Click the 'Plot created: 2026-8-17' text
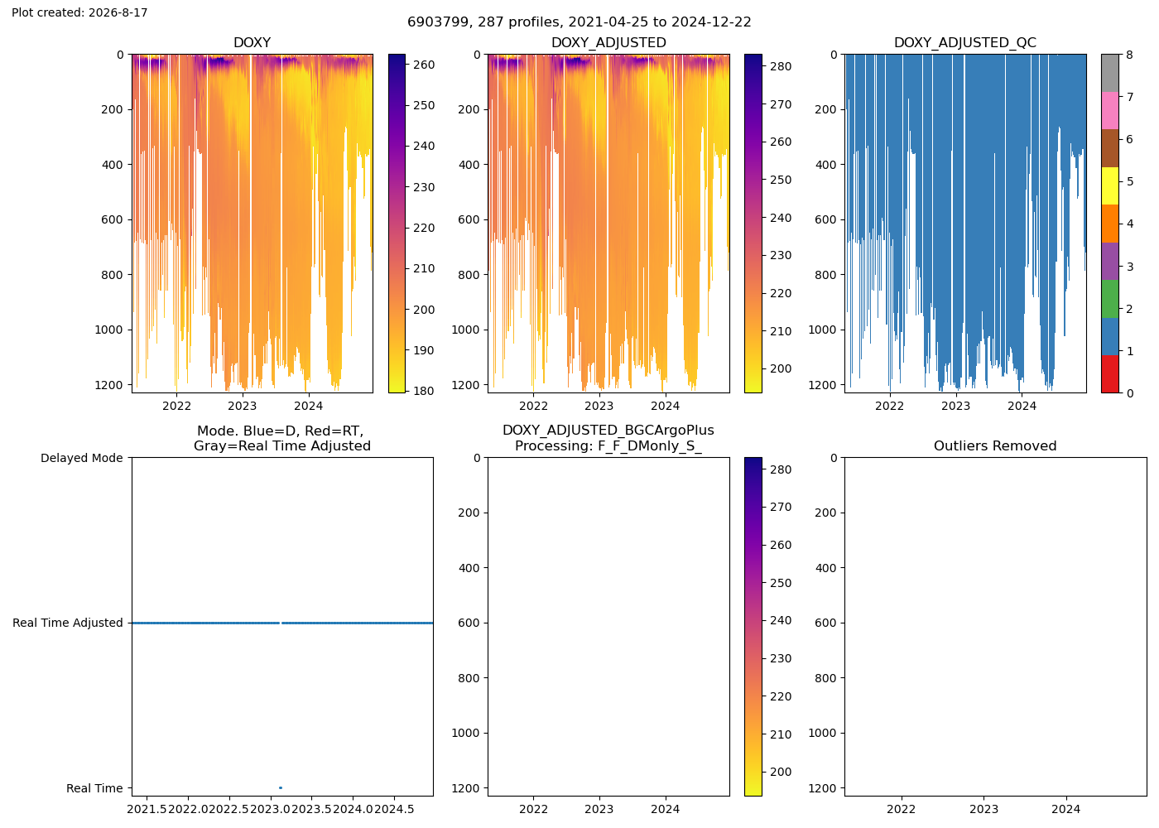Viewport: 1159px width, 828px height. [79, 12]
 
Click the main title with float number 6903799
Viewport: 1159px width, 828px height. [579, 22]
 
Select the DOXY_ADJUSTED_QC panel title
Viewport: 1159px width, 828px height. [965, 42]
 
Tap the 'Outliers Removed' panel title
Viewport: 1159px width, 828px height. [995, 445]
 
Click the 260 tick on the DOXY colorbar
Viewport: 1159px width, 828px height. [423, 65]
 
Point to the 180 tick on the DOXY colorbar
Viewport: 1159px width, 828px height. [423, 391]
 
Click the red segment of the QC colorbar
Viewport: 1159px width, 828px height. [1109, 373]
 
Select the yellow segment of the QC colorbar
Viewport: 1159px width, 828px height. [1109, 185]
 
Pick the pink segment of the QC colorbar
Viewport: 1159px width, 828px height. [1109, 111]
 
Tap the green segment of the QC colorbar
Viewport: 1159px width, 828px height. [1109, 299]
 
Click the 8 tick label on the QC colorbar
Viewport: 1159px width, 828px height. [1129, 55]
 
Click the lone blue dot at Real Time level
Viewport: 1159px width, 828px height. [281, 787]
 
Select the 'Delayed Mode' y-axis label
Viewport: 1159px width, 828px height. [82, 458]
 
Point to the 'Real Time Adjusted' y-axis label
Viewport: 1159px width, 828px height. [68, 623]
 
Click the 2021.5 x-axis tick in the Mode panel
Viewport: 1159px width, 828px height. [147, 809]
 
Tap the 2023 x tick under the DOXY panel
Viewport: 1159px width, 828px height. [242, 406]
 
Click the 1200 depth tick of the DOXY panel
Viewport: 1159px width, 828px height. [109, 385]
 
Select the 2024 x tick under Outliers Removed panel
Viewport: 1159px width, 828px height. [1066, 809]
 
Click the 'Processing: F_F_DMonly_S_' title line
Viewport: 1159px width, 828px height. [608, 445]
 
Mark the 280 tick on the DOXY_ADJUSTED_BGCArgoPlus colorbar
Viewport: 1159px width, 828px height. [781, 469]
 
